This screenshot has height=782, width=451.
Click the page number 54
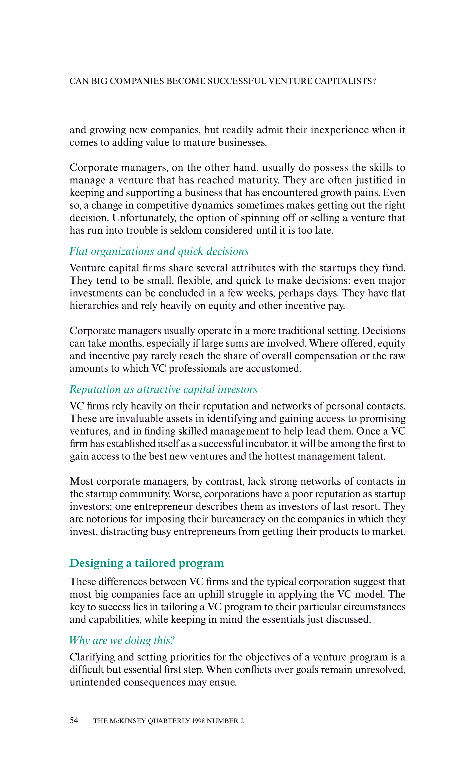pos(74,720)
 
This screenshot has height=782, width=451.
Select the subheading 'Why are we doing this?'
pos(122,640)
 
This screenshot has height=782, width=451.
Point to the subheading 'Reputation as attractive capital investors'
pos(163,389)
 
